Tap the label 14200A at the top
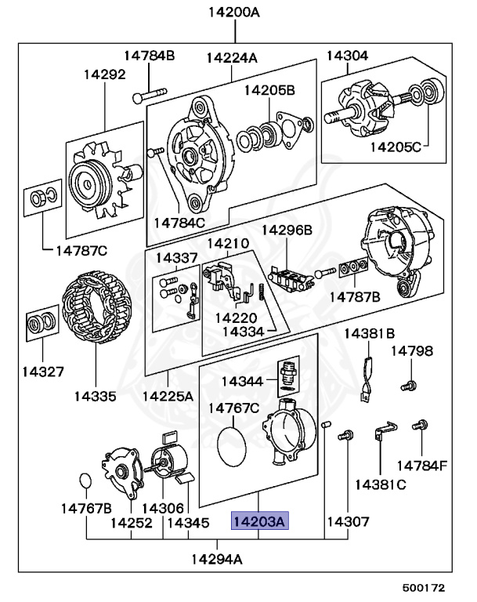[x=233, y=13]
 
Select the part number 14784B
[x=149, y=55]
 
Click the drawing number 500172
[x=424, y=586]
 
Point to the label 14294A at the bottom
[x=217, y=560]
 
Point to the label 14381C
[x=381, y=484]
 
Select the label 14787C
[x=81, y=251]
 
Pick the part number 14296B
[x=287, y=230]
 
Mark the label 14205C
[x=396, y=146]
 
